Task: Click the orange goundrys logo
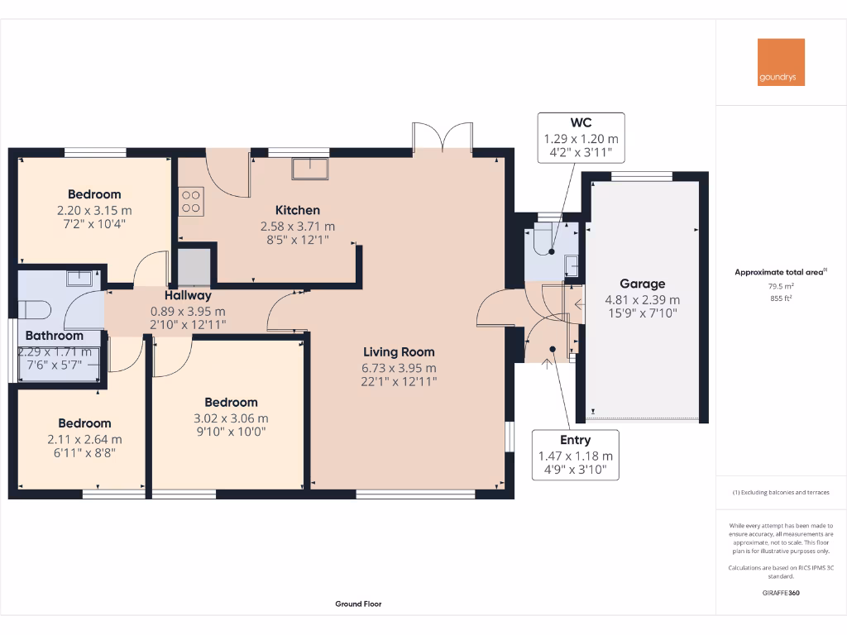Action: click(x=781, y=62)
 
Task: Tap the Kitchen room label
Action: click(x=297, y=210)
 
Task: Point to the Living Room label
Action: click(x=398, y=352)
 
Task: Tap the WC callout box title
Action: click(x=581, y=123)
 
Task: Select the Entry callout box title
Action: click(x=575, y=440)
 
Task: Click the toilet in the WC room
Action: click(x=542, y=240)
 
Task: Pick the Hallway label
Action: click(x=188, y=295)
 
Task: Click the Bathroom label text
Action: click(x=54, y=336)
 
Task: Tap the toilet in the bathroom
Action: click(x=37, y=309)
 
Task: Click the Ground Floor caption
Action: click(x=358, y=604)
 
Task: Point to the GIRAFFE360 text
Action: click(x=781, y=593)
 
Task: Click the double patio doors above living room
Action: click(x=443, y=137)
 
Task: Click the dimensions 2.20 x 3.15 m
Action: click(x=94, y=210)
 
